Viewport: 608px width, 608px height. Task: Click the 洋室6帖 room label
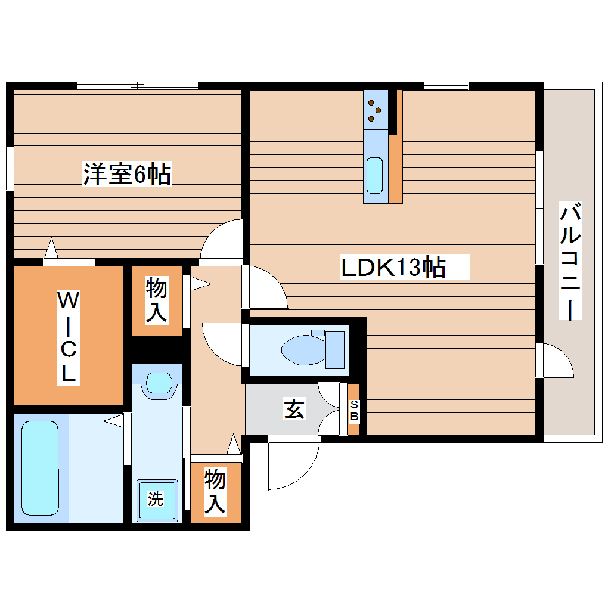tap(127, 175)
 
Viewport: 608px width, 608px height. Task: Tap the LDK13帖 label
tap(393, 267)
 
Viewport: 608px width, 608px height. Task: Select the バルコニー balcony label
tap(570, 261)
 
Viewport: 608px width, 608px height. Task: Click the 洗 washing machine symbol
tap(156, 500)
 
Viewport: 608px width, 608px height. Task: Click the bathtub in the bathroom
tap(41, 467)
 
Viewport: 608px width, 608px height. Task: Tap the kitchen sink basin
tap(374, 175)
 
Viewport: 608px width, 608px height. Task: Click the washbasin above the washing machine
tap(158, 383)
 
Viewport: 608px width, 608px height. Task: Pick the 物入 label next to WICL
tap(156, 301)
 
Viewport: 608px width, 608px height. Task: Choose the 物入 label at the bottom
tap(215, 491)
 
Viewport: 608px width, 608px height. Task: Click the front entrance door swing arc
tap(292, 465)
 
